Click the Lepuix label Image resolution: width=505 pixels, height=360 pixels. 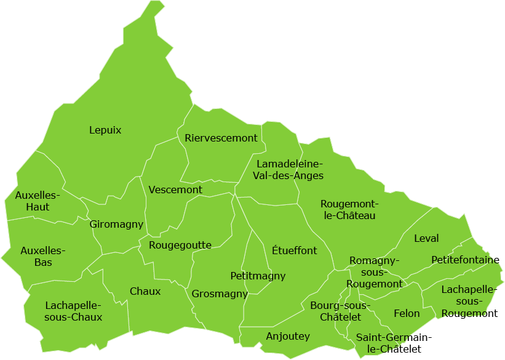pos(105,130)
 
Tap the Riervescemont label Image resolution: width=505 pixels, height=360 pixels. pos(221,138)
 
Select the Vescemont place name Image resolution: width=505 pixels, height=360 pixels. pos(175,190)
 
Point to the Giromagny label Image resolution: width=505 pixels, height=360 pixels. pos(116,224)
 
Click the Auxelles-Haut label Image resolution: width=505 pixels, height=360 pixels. pos(38,201)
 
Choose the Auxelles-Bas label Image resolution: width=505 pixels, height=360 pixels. pos(43,257)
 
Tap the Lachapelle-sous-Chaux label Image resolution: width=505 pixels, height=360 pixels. pos(73,311)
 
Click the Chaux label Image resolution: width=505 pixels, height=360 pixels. pos(145,291)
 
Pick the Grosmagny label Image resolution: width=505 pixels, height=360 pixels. pos(220,294)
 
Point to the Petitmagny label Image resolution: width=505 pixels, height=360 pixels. pos(258,276)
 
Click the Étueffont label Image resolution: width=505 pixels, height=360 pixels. pos(294,250)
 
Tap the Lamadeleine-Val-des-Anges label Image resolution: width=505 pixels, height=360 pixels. pos(288,170)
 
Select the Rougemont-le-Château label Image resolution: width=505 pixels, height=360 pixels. pos(348,210)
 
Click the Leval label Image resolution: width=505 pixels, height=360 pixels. pos(426,238)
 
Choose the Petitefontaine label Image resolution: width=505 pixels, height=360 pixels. pos(465,260)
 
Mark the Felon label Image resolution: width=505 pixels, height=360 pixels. pos(407,313)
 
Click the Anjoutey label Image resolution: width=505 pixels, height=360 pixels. pos(288,336)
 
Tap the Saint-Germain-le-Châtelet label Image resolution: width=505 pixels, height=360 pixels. pos(394,343)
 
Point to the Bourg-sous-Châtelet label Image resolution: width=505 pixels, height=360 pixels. pos(340,311)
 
